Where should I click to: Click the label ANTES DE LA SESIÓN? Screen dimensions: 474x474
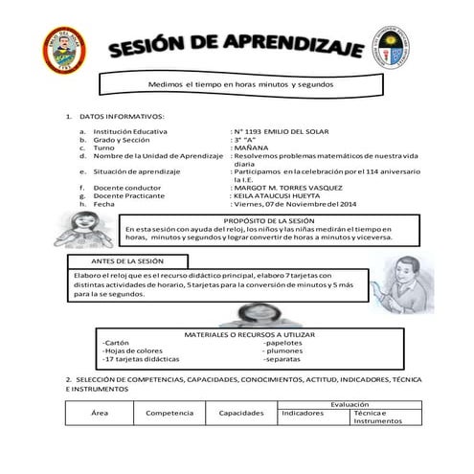pyautogui.click(x=127, y=260)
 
